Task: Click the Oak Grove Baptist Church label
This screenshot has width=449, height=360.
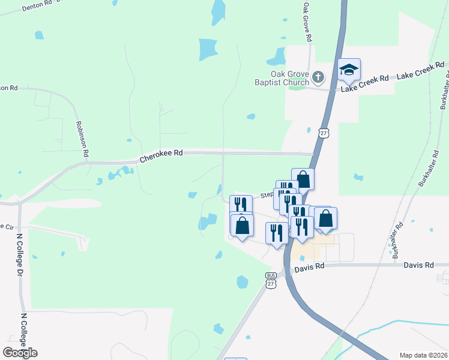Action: (x=289, y=77)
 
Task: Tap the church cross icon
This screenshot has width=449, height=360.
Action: (x=318, y=77)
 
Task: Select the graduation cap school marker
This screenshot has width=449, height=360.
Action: (x=349, y=70)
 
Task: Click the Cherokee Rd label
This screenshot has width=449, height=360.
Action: (x=161, y=157)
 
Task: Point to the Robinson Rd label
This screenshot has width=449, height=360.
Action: (x=82, y=139)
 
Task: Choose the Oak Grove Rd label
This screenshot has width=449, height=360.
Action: (x=308, y=20)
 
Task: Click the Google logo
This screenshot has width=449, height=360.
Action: (x=20, y=353)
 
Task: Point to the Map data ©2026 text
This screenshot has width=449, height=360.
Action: (x=424, y=355)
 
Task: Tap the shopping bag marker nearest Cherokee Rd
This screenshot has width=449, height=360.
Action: (x=303, y=179)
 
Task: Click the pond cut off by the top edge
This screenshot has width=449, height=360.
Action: (x=218, y=11)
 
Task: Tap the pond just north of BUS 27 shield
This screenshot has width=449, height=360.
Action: (x=243, y=281)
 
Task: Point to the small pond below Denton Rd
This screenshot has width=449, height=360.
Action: (x=39, y=35)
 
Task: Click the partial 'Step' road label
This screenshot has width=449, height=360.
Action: (x=266, y=195)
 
